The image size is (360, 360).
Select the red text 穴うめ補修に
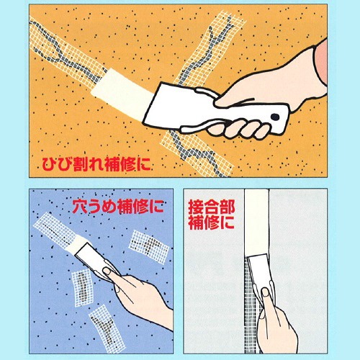119,207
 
